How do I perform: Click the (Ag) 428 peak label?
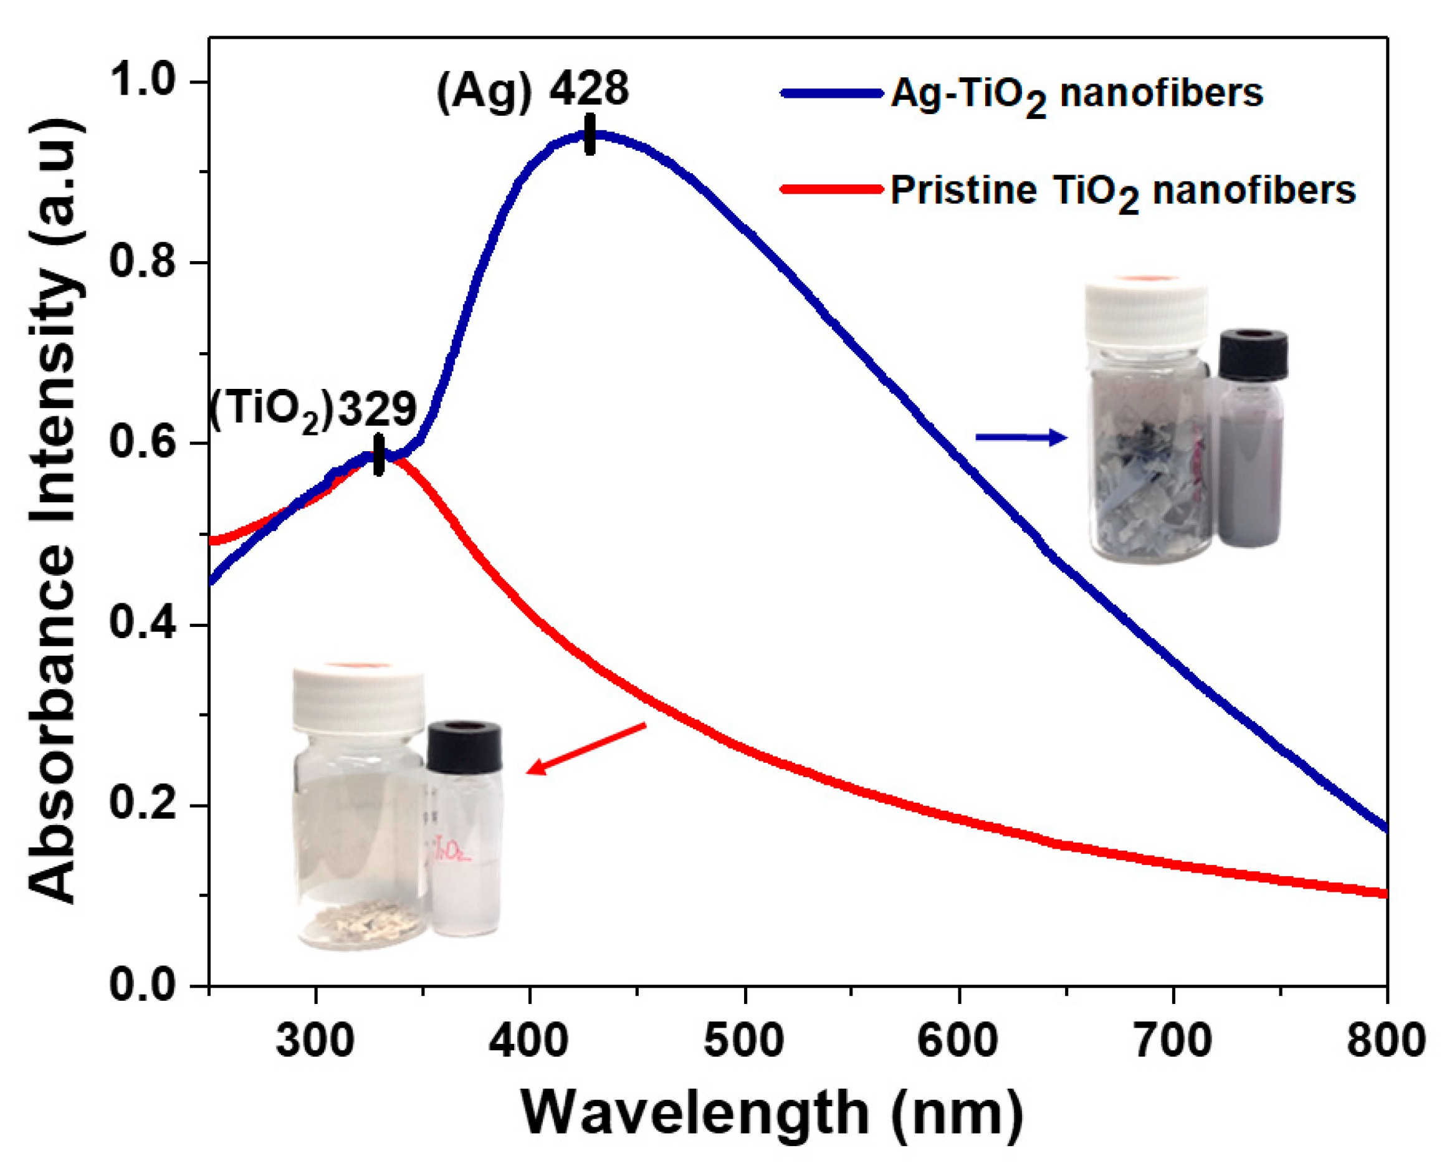click(x=532, y=90)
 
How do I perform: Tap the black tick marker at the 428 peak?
click(x=590, y=134)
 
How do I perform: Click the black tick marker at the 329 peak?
click(x=378, y=454)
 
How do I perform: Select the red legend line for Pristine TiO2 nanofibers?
click(x=831, y=189)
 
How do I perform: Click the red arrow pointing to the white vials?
click(x=585, y=748)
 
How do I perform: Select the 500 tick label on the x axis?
click(x=743, y=1040)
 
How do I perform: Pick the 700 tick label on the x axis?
click(x=1173, y=1040)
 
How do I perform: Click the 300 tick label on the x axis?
click(x=315, y=1040)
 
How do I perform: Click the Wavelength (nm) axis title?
click(x=772, y=1114)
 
